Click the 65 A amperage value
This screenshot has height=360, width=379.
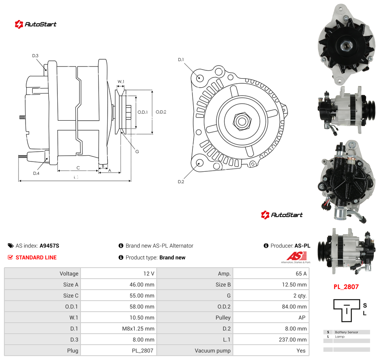click(301, 274)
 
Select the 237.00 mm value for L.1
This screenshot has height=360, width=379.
click(293, 340)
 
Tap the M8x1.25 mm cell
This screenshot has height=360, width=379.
click(138, 329)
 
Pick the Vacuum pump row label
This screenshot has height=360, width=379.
click(212, 351)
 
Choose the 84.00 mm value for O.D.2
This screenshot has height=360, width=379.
click(294, 307)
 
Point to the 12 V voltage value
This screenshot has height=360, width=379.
click(148, 274)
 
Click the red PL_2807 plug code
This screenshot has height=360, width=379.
click(346, 287)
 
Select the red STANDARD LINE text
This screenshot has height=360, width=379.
click(36, 257)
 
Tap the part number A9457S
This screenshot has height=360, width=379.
click(49, 246)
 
